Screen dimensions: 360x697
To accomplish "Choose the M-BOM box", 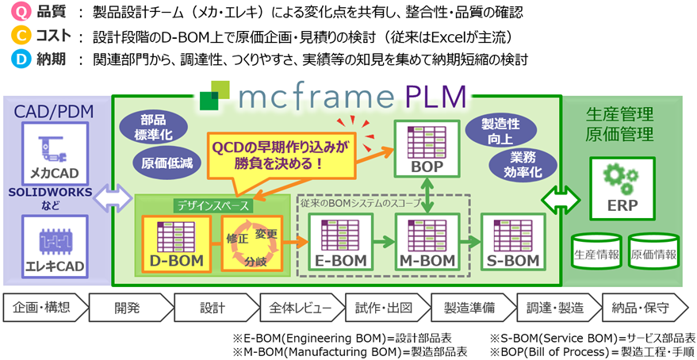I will point(427,242).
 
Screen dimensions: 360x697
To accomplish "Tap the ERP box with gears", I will point(621,187).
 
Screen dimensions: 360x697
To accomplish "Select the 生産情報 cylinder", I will point(596,253).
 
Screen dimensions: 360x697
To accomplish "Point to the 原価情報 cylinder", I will point(653,253).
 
